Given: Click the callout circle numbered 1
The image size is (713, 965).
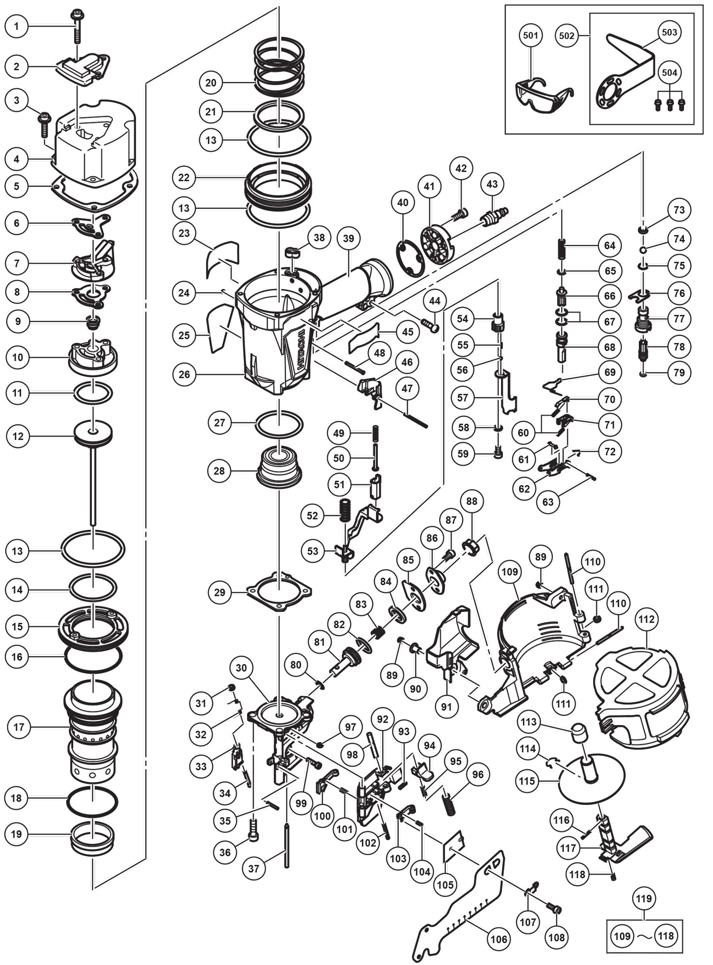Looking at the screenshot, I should tap(17, 27).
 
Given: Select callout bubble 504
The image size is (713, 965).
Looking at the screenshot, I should tap(670, 73).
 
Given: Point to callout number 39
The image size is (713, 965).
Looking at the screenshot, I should tap(348, 238).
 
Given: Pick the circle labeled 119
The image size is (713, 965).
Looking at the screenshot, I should tap(644, 898).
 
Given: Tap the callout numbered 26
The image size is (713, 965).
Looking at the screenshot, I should tap(184, 374).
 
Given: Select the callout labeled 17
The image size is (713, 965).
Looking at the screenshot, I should tap(19, 727).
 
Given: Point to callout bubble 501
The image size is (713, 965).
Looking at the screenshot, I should tap(530, 35).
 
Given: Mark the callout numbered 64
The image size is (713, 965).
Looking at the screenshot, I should tap(610, 246).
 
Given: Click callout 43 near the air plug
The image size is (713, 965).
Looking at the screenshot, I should tap(492, 184).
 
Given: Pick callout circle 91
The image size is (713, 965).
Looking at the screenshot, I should tap(446, 707).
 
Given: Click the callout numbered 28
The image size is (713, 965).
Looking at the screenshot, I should tap(220, 471).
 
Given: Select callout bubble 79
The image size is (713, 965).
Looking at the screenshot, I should tap(679, 373).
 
